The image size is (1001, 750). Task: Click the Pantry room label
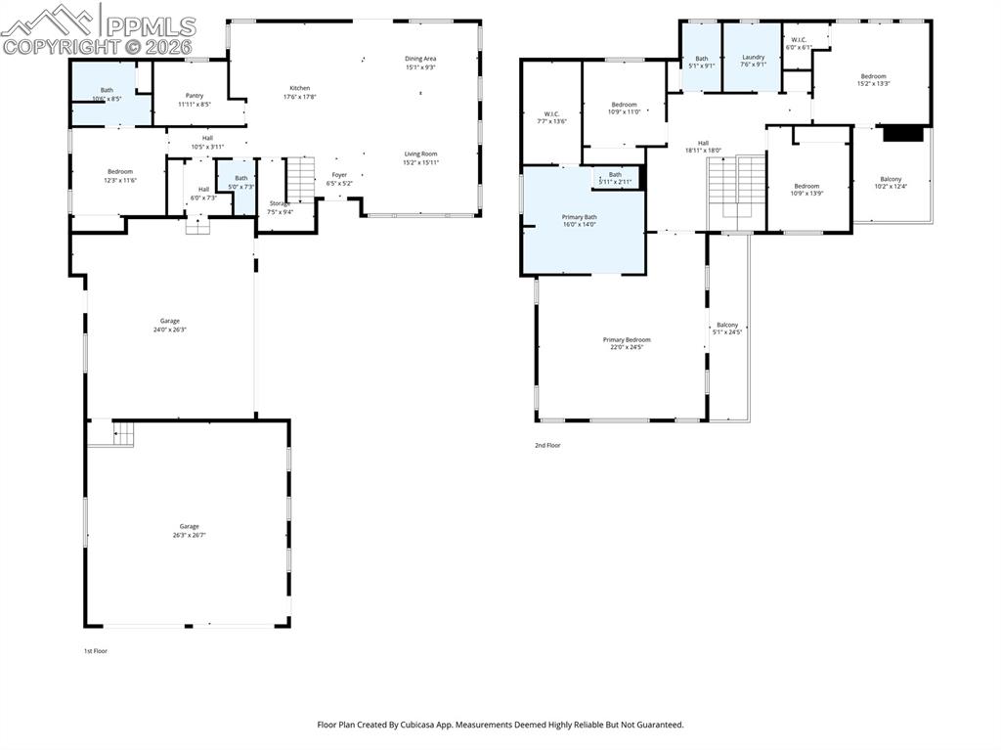click(194, 100)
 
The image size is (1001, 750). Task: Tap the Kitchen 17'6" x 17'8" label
click(299, 92)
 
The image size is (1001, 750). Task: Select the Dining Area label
click(420, 63)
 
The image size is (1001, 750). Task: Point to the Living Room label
click(421, 157)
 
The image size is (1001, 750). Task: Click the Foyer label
click(339, 179)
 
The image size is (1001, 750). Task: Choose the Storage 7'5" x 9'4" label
click(281, 207)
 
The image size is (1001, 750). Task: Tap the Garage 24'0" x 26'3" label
click(170, 325)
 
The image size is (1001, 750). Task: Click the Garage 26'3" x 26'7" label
click(189, 530)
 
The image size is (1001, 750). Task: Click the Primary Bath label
click(579, 220)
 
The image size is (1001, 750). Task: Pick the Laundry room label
click(753, 61)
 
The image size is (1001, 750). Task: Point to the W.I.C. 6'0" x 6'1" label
click(799, 44)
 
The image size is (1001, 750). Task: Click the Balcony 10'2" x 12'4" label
click(891, 183)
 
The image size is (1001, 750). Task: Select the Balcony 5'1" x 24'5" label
click(727, 329)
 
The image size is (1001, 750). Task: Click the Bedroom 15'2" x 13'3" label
click(873, 80)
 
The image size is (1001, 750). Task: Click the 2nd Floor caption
click(547, 445)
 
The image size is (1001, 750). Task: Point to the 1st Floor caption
click(95, 650)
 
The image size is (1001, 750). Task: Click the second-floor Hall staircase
click(737, 186)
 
